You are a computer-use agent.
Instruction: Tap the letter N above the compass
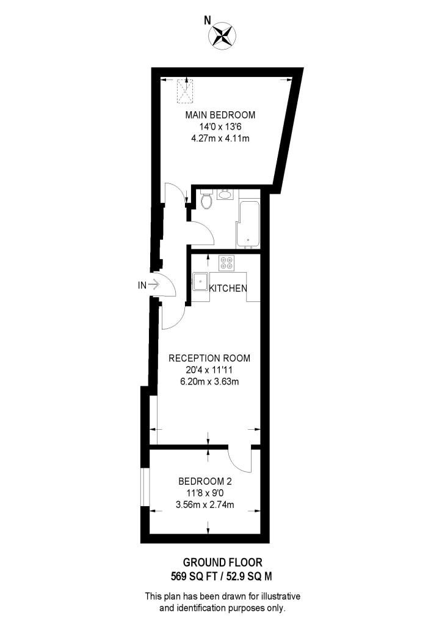pos(208,20)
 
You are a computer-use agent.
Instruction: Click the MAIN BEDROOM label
pos(220,115)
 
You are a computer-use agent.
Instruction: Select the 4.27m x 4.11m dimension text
pos(220,138)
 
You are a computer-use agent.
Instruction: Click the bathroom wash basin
pos(225,196)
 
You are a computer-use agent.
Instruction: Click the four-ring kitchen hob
pos(227,263)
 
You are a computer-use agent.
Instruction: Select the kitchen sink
pos(201,282)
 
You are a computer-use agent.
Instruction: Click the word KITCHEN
pos(228,288)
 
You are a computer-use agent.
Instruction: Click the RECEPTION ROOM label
pos(209,358)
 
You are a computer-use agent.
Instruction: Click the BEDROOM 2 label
pos(205,481)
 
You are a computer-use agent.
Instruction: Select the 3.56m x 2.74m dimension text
pos(205,504)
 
